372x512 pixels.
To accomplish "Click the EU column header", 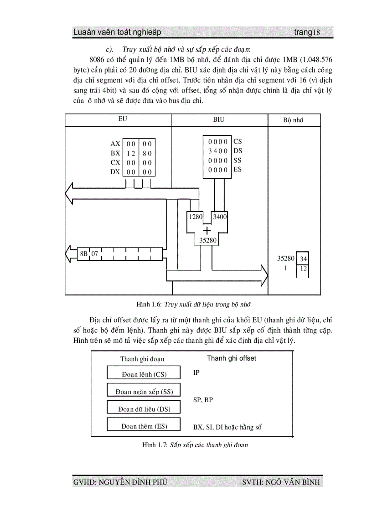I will tap(122, 119).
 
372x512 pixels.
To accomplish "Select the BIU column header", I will tap(219, 119).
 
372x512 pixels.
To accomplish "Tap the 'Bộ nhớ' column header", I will tap(293, 120).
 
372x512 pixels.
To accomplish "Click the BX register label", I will tap(115, 153).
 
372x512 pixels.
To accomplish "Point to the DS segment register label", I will tap(238, 151).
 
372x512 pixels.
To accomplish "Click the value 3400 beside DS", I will tap(218, 151).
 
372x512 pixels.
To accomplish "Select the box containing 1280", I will tap(196, 217).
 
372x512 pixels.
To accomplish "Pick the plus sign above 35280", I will tap(207, 230).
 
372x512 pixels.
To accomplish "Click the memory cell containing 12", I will tap(304, 269).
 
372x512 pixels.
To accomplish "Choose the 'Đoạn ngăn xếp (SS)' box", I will tap(144, 390).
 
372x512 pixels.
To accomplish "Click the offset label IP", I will tap(196, 372).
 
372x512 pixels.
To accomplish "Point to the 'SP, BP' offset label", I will tap(203, 399).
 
